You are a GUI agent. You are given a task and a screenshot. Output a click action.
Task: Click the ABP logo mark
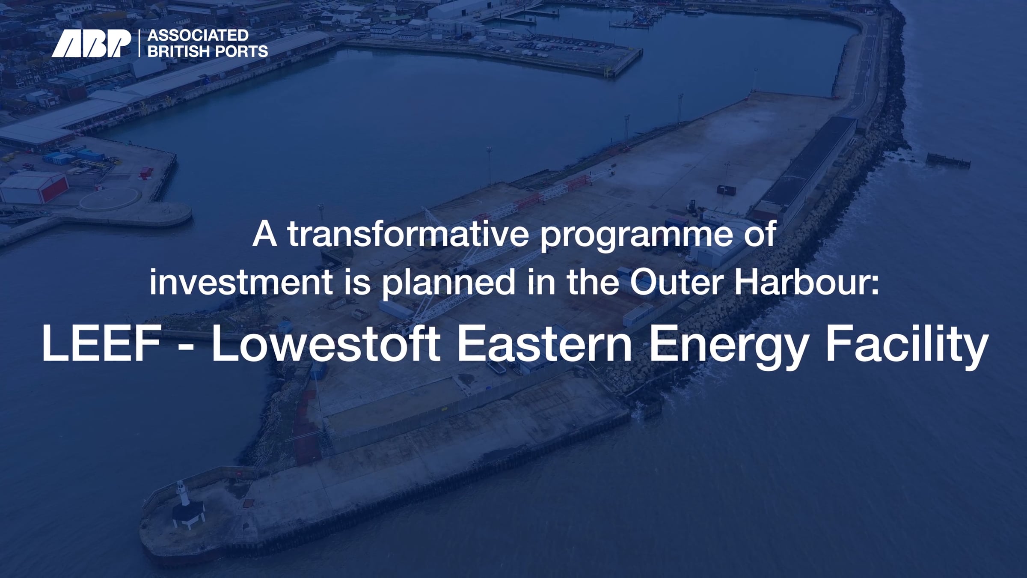point(91,44)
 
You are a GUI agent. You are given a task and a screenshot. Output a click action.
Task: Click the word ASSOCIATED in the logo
point(198,35)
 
